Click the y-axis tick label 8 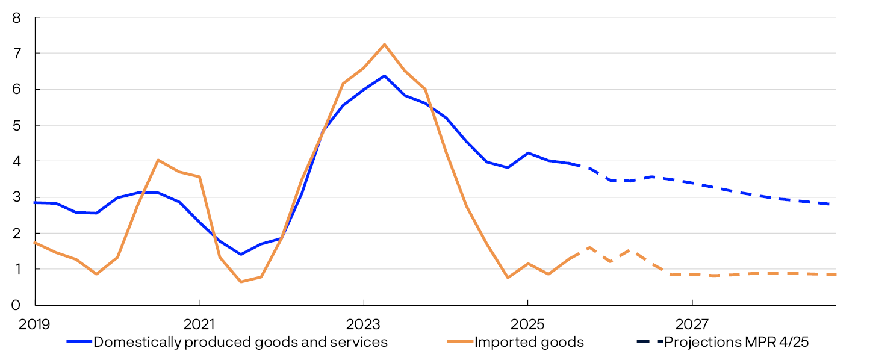point(16,18)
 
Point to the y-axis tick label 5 point(16,126)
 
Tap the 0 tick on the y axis point(16,305)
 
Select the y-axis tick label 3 point(16,197)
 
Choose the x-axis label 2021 point(199,325)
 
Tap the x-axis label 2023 point(363,325)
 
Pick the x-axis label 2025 point(527,325)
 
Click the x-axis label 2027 point(692,325)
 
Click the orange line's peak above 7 point(384,44)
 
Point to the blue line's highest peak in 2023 point(384,76)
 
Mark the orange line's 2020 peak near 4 point(158,160)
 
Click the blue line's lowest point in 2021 point(241,254)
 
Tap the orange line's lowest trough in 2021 point(241,282)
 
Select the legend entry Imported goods point(529,342)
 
